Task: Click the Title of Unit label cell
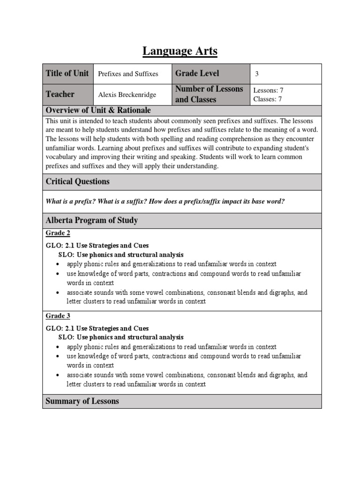click(x=67, y=73)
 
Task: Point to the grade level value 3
click(x=257, y=74)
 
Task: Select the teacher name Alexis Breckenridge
click(x=127, y=95)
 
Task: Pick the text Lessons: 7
click(x=268, y=90)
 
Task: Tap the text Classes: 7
click(x=268, y=99)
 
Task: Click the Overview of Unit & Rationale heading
click(x=98, y=110)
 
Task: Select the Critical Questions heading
click(x=77, y=181)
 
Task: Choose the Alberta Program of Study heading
click(x=91, y=220)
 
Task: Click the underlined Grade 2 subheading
click(x=58, y=233)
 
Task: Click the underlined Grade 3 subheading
click(x=58, y=316)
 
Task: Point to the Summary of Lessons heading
click(x=82, y=401)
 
